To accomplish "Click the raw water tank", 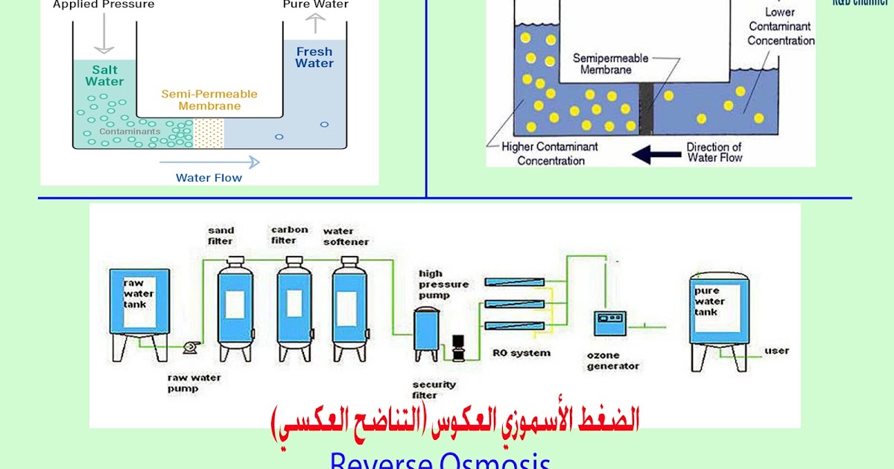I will (x=139, y=305).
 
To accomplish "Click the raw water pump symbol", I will (x=190, y=346).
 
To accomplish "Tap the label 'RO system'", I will (x=521, y=352).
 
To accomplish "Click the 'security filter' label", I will (x=434, y=389).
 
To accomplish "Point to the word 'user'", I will (x=776, y=351).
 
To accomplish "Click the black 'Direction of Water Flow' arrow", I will (x=656, y=154).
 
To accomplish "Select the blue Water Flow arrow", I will (x=209, y=162).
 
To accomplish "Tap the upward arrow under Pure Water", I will (x=315, y=24).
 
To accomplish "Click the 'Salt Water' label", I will (x=104, y=76).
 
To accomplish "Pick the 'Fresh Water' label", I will (x=314, y=57).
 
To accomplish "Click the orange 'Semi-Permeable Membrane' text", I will (x=209, y=100).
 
